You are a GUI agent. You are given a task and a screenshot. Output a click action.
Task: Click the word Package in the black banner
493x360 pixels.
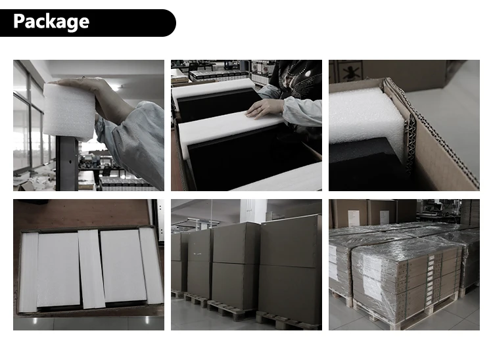[51, 22]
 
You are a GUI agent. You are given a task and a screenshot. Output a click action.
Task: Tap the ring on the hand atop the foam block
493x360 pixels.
[83, 78]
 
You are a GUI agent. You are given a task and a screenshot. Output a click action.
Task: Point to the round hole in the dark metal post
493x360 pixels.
[70, 162]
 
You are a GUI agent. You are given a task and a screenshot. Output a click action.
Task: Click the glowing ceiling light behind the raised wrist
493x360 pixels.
[117, 87]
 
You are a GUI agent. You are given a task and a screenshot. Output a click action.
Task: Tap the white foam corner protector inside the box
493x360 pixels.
[366, 121]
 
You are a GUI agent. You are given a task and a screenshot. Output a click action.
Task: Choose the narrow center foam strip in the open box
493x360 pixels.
[92, 269]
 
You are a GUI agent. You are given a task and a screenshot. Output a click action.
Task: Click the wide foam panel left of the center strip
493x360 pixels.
[59, 269]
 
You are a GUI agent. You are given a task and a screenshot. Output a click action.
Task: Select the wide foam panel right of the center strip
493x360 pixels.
[124, 266]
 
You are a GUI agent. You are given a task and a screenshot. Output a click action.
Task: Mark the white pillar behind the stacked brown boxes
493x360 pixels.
[254, 211]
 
